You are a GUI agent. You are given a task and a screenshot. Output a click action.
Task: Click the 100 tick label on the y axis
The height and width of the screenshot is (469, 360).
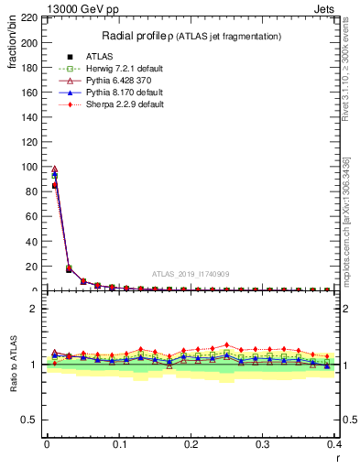click(27, 167)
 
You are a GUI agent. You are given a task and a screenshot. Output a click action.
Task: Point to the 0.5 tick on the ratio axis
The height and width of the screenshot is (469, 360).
click(29, 420)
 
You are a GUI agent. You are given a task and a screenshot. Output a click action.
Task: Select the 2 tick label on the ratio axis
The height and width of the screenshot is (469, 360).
click(34, 309)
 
